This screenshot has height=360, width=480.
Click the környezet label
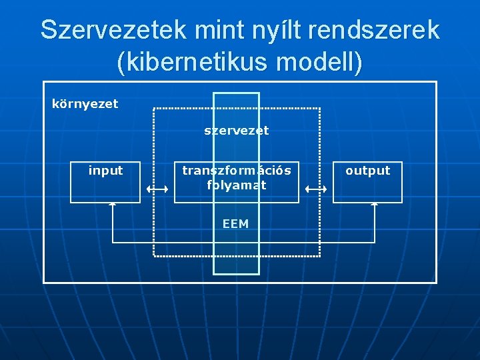(85, 104)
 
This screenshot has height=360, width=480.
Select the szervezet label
(236, 131)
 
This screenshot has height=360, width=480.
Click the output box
(367, 181)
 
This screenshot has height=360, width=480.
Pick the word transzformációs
(237, 171)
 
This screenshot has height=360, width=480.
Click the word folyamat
(237, 185)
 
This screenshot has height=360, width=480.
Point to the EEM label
(235, 224)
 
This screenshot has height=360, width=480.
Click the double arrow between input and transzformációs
(157, 189)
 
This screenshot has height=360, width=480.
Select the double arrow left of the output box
(316, 189)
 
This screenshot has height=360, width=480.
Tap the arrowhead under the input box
(113, 204)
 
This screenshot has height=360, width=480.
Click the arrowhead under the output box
(375, 204)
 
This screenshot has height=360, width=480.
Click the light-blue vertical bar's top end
(236, 94)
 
